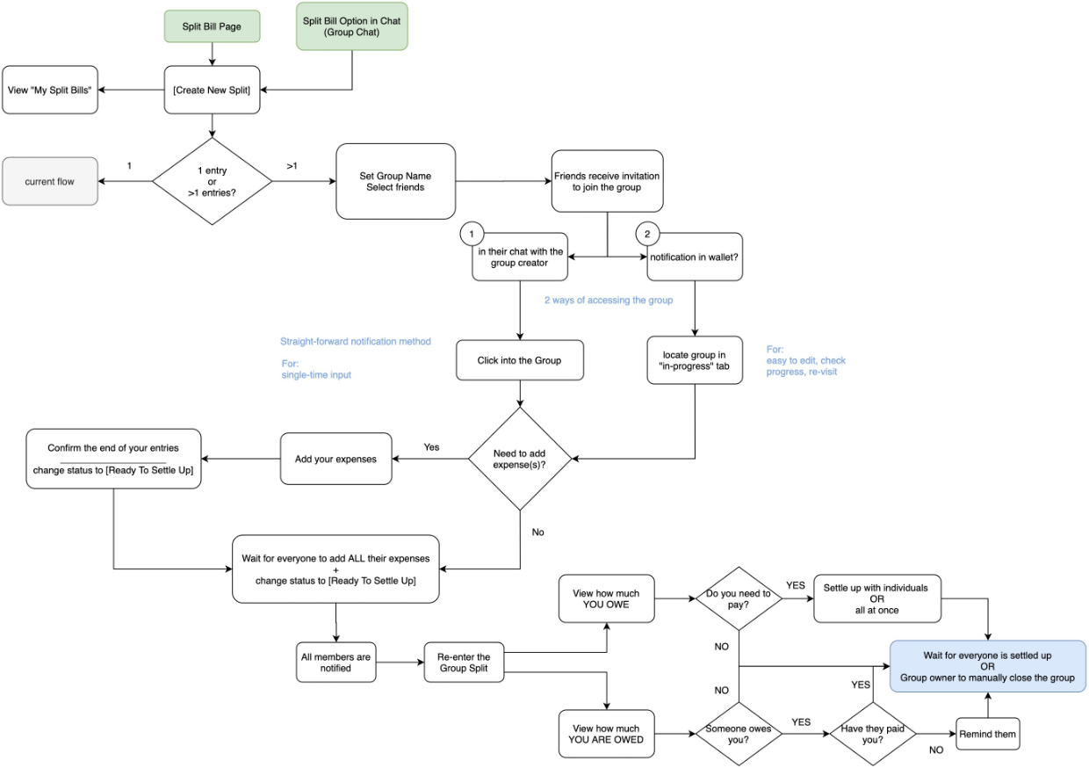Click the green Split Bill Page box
tap(212, 26)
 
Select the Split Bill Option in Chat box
tap(352, 26)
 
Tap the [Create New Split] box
tap(212, 90)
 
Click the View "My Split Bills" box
tap(49, 90)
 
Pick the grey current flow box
tap(49, 182)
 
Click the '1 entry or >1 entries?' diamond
tap(212, 182)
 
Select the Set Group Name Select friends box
tap(395, 182)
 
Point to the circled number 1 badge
tap(472, 235)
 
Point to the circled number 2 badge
tap(647, 235)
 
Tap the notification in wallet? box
tap(695, 257)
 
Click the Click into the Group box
tap(520, 360)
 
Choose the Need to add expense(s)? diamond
tap(520, 458)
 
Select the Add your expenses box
tap(335, 458)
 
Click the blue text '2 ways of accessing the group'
tap(609, 301)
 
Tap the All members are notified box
tap(335, 663)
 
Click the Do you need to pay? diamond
tap(739, 599)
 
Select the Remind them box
tap(987, 733)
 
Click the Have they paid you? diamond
tap(873, 733)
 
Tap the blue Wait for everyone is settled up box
tap(987, 666)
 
